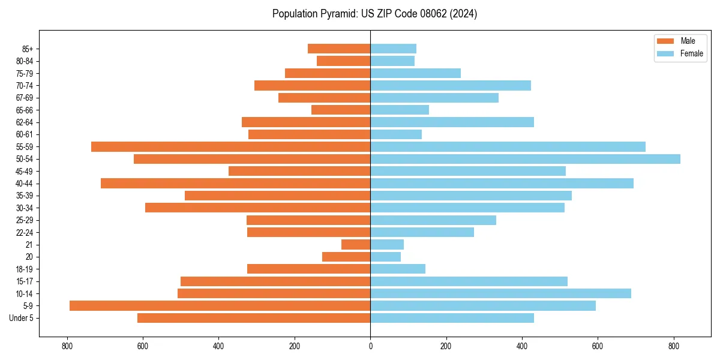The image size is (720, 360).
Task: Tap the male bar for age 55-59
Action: pos(230,146)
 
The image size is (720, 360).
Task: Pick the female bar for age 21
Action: pos(387,244)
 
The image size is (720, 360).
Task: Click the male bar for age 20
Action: pos(346,257)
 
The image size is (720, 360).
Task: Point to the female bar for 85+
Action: pos(393,49)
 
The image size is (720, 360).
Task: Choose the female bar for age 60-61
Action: pos(396,134)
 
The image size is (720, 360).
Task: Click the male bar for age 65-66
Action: pos(341,110)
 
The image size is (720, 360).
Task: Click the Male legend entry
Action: pos(688,41)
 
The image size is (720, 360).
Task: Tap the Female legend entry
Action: pos(691,53)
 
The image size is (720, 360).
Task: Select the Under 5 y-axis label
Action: pos(21,318)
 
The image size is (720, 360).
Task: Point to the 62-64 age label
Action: pos(25,122)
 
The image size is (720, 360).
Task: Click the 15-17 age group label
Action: pos(25,281)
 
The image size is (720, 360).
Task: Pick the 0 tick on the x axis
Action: pos(370,346)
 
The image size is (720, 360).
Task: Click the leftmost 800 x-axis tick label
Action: pos(67,346)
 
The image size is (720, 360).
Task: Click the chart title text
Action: pos(374,14)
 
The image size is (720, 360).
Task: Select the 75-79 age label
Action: pos(25,73)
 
